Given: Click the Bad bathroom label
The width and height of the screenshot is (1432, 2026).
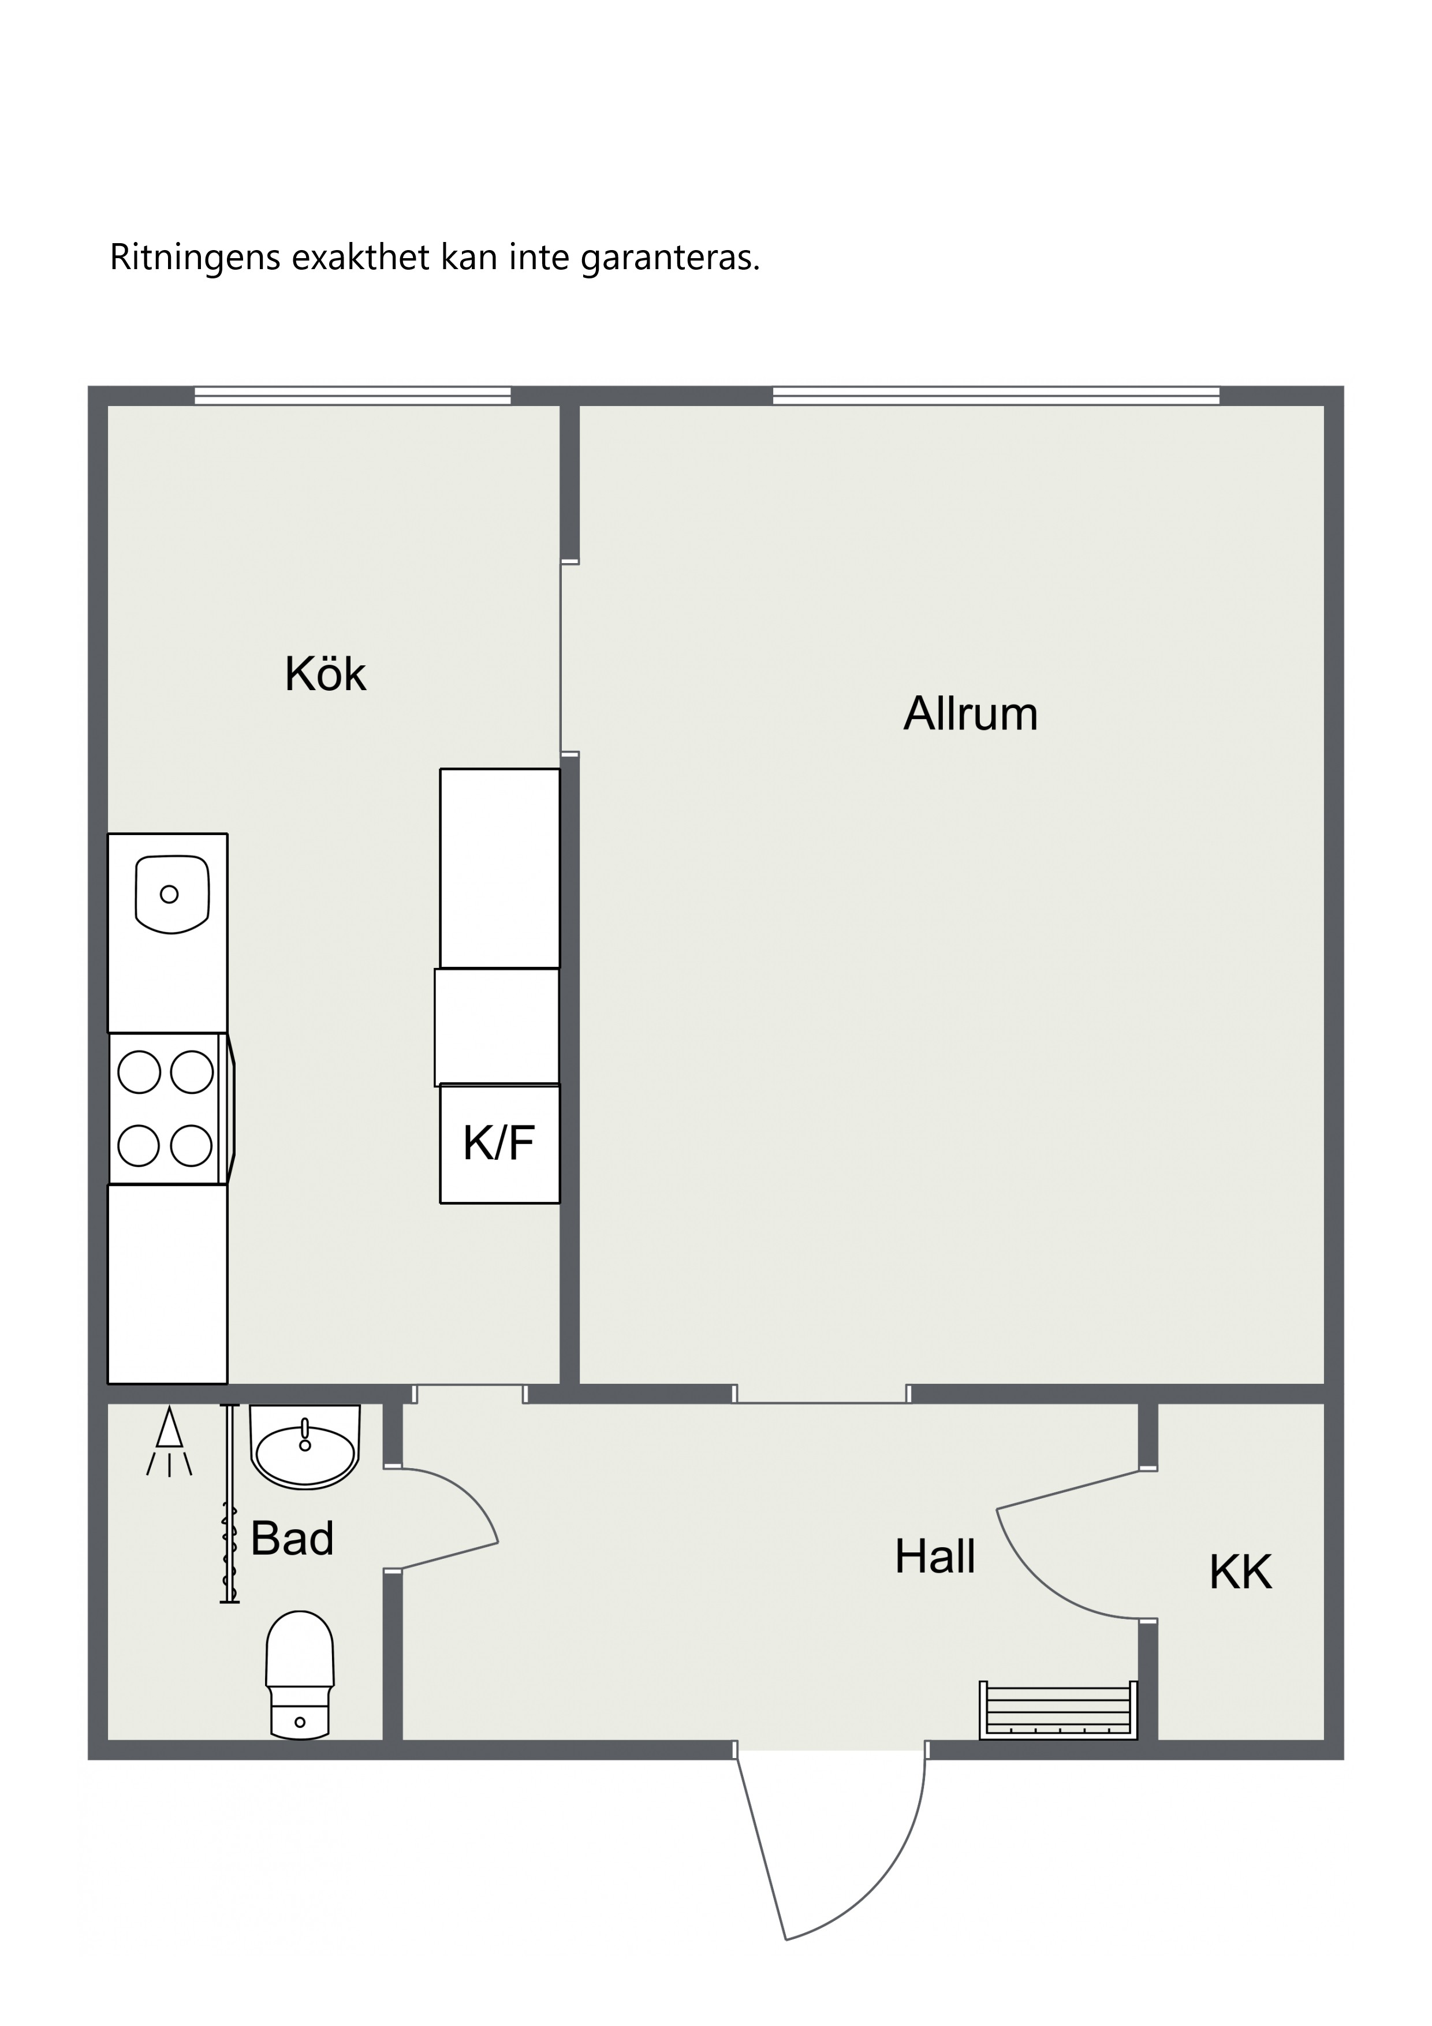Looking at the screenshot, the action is click(292, 1538).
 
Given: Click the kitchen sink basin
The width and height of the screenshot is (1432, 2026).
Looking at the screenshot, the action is click(172, 894).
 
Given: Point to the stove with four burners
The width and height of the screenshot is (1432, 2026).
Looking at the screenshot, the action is click(169, 1109).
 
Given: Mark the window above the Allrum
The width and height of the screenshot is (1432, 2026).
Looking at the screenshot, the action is click(996, 395).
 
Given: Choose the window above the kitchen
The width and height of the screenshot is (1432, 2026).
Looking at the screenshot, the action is click(352, 395).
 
